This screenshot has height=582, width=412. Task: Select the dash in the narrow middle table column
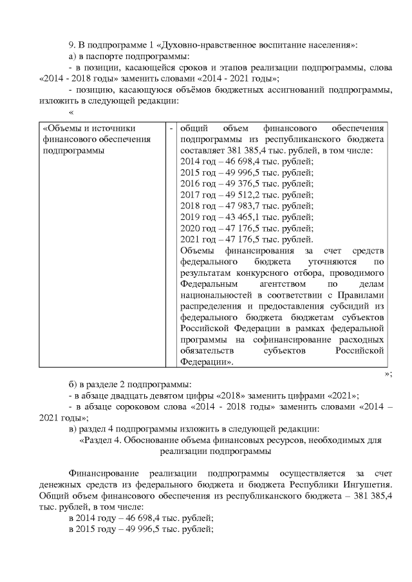click(x=171, y=127)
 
